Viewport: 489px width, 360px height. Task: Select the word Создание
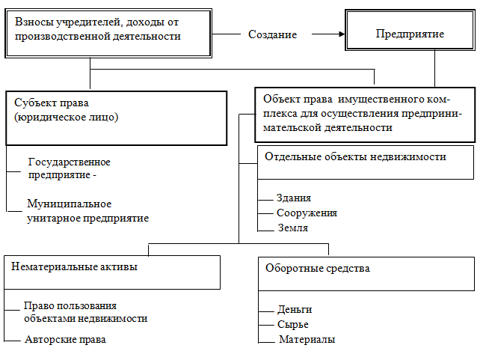click(272, 35)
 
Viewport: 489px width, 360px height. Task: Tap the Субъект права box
click(116, 118)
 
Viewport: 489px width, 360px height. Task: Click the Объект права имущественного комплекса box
click(366, 117)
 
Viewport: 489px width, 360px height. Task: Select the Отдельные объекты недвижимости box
click(366, 162)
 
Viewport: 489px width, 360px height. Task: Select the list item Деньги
click(295, 309)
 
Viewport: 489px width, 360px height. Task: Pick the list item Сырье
click(292, 324)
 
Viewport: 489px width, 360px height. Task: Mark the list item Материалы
click(307, 340)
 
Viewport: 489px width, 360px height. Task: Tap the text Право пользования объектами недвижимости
click(84, 312)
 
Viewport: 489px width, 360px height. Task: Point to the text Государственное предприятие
click(69, 168)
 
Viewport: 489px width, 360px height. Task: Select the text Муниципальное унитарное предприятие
click(87, 210)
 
